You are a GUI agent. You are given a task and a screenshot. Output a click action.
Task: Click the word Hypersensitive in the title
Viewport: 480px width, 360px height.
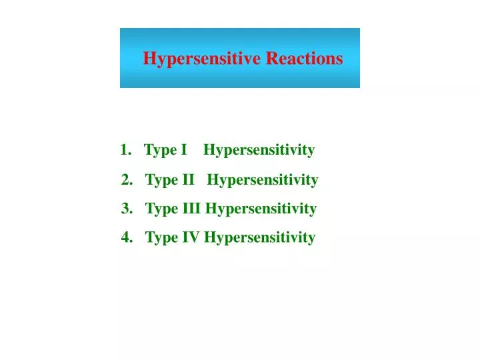[x=202, y=59]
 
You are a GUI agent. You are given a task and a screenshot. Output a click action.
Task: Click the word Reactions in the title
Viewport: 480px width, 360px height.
[x=305, y=59]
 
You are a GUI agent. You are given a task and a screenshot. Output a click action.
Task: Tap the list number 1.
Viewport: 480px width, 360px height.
[x=125, y=150]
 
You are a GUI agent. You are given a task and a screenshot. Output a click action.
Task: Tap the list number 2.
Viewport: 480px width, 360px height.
[x=126, y=179]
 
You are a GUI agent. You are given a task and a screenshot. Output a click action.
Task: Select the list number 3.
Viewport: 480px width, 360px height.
[x=126, y=209]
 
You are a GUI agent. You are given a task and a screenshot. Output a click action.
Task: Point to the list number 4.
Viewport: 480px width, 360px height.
[x=126, y=237]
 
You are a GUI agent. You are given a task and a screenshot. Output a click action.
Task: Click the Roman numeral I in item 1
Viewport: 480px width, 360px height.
[x=183, y=150]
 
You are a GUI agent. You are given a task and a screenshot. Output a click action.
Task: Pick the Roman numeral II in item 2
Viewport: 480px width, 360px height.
[x=188, y=179]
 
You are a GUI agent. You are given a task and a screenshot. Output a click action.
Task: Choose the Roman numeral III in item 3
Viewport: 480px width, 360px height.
[x=191, y=209]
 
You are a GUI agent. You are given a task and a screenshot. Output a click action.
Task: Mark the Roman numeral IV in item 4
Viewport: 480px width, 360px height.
[x=191, y=237]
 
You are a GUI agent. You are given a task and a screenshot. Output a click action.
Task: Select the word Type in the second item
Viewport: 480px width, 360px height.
[x=161, y=180]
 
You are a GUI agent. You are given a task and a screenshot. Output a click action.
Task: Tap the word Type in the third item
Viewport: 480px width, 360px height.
[x=161, y=209]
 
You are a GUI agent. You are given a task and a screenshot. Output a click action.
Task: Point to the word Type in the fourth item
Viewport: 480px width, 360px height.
[x=161, y=237]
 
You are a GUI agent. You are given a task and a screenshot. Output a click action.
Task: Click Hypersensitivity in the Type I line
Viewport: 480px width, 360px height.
[x=259, y=151]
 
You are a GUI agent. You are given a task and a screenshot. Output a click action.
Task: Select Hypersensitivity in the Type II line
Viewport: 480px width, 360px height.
[x=263, y=180]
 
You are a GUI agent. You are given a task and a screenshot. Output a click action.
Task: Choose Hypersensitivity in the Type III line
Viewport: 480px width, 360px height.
[x=261, y=209]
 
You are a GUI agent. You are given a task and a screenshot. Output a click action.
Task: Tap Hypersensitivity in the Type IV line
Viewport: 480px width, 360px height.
[x=259, y=237]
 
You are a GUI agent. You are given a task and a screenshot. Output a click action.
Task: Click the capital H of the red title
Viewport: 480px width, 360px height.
[x=149, y=59]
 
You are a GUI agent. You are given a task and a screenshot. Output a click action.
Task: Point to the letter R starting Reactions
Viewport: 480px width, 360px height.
[x=272, y=59]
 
